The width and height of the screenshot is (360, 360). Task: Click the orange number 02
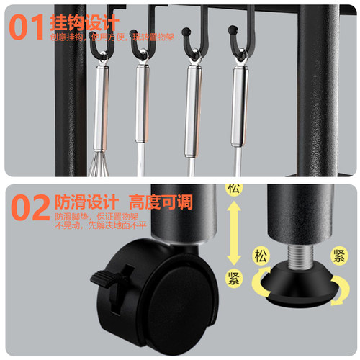[x=28, y=207]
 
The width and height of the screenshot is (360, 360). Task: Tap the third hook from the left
[x=189, y=40]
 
